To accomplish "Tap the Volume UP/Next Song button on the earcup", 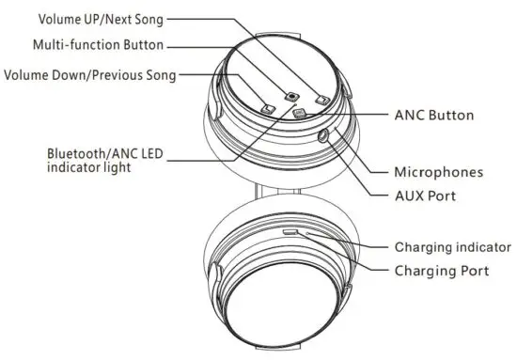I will point(321,99).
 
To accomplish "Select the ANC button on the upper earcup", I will point(300,114).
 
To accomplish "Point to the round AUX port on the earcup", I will point(326,134).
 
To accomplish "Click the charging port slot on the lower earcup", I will point(291,229).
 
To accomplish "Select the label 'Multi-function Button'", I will point(98,44).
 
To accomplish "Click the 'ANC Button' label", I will point(434,115).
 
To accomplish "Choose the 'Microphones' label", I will point(438,172).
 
